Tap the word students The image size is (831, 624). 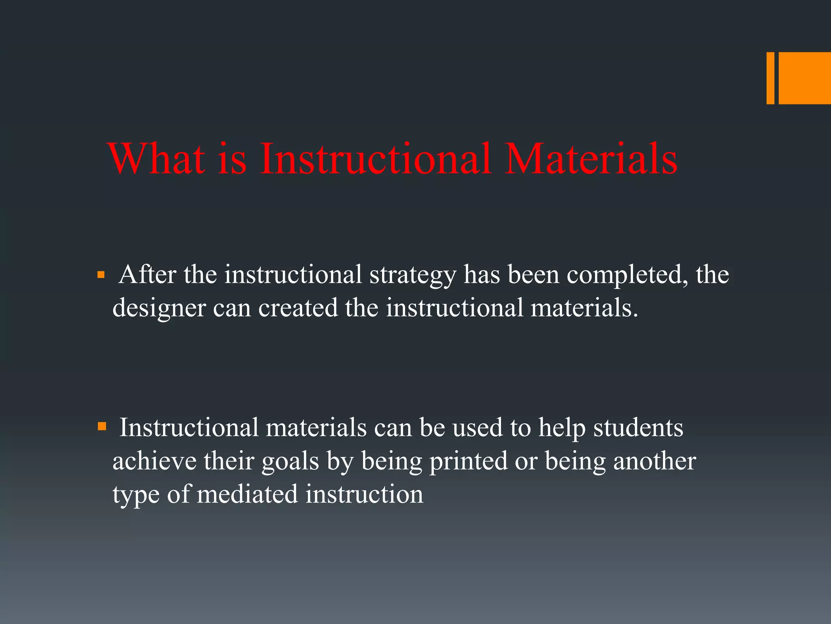638,428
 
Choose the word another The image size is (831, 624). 654,461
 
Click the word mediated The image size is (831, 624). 248,494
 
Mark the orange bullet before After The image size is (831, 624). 101,275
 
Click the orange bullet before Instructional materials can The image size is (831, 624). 102,427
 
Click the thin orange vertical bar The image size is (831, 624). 770,78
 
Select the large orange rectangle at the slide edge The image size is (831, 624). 805,78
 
